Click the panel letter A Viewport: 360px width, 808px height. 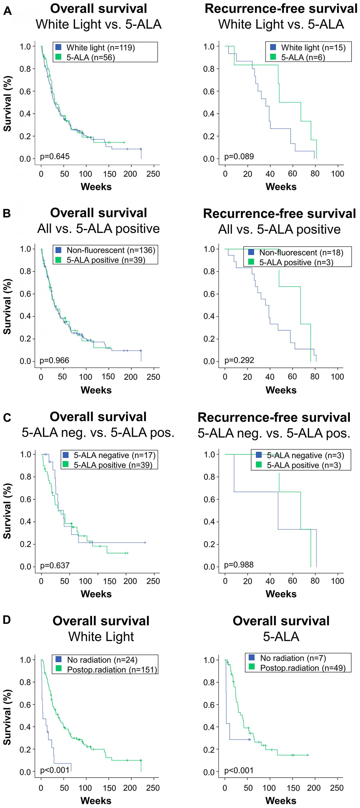point(7,11)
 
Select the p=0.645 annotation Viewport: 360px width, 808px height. point(55,156)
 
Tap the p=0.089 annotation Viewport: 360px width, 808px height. point(239,156)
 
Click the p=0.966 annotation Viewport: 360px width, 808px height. point(54,360)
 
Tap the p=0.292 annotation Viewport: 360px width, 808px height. point(239,360)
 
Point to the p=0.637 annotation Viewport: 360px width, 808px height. point(55,565)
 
